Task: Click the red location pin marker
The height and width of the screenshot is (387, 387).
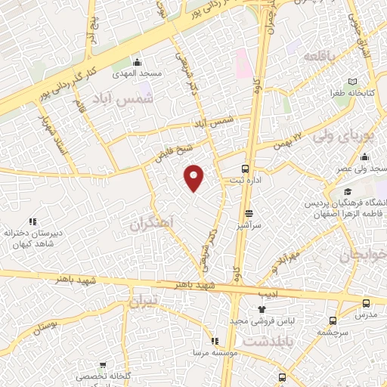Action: (x=194, y=177)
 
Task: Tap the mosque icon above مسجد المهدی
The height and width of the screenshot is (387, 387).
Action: (x=137, y=62)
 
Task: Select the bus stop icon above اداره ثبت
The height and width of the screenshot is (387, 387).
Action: (x=245, y=169)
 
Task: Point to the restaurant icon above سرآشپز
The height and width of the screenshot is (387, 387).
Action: (x=249, y=214)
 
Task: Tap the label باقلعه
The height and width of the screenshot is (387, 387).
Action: (x=319, y=57)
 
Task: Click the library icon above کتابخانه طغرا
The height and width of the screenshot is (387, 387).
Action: (x=352, y=82)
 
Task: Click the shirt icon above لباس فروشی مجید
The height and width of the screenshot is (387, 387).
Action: (x=262, y=308)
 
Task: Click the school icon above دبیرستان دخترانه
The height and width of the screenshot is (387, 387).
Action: (x=32, y=221)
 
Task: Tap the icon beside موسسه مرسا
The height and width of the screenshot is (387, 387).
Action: (x=215, y=341)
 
